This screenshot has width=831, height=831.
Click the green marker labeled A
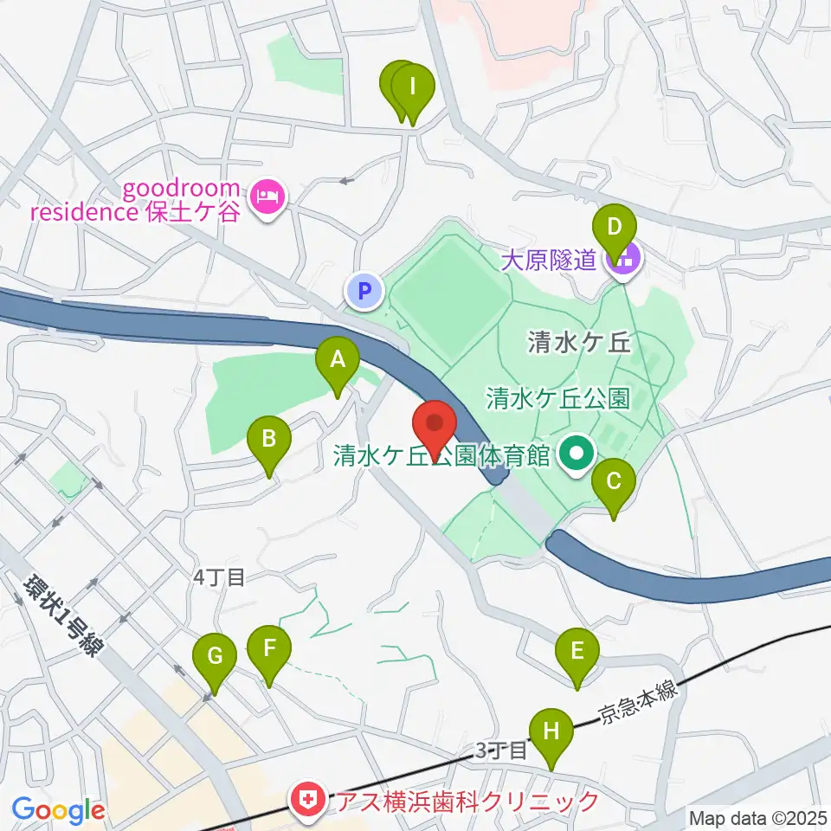(338, 365)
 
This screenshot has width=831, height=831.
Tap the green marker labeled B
(269, 446)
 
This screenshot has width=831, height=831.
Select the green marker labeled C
(614, 488)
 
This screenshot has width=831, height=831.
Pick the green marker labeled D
(614, 235)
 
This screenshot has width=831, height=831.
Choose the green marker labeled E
(577, 657)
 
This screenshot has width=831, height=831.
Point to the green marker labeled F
(269, 654)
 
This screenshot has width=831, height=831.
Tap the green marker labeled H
(551, 738)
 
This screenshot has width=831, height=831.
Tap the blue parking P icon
(364, 291)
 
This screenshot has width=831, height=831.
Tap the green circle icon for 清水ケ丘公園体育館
(573, 454)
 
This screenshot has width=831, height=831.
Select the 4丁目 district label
(220, 577)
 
